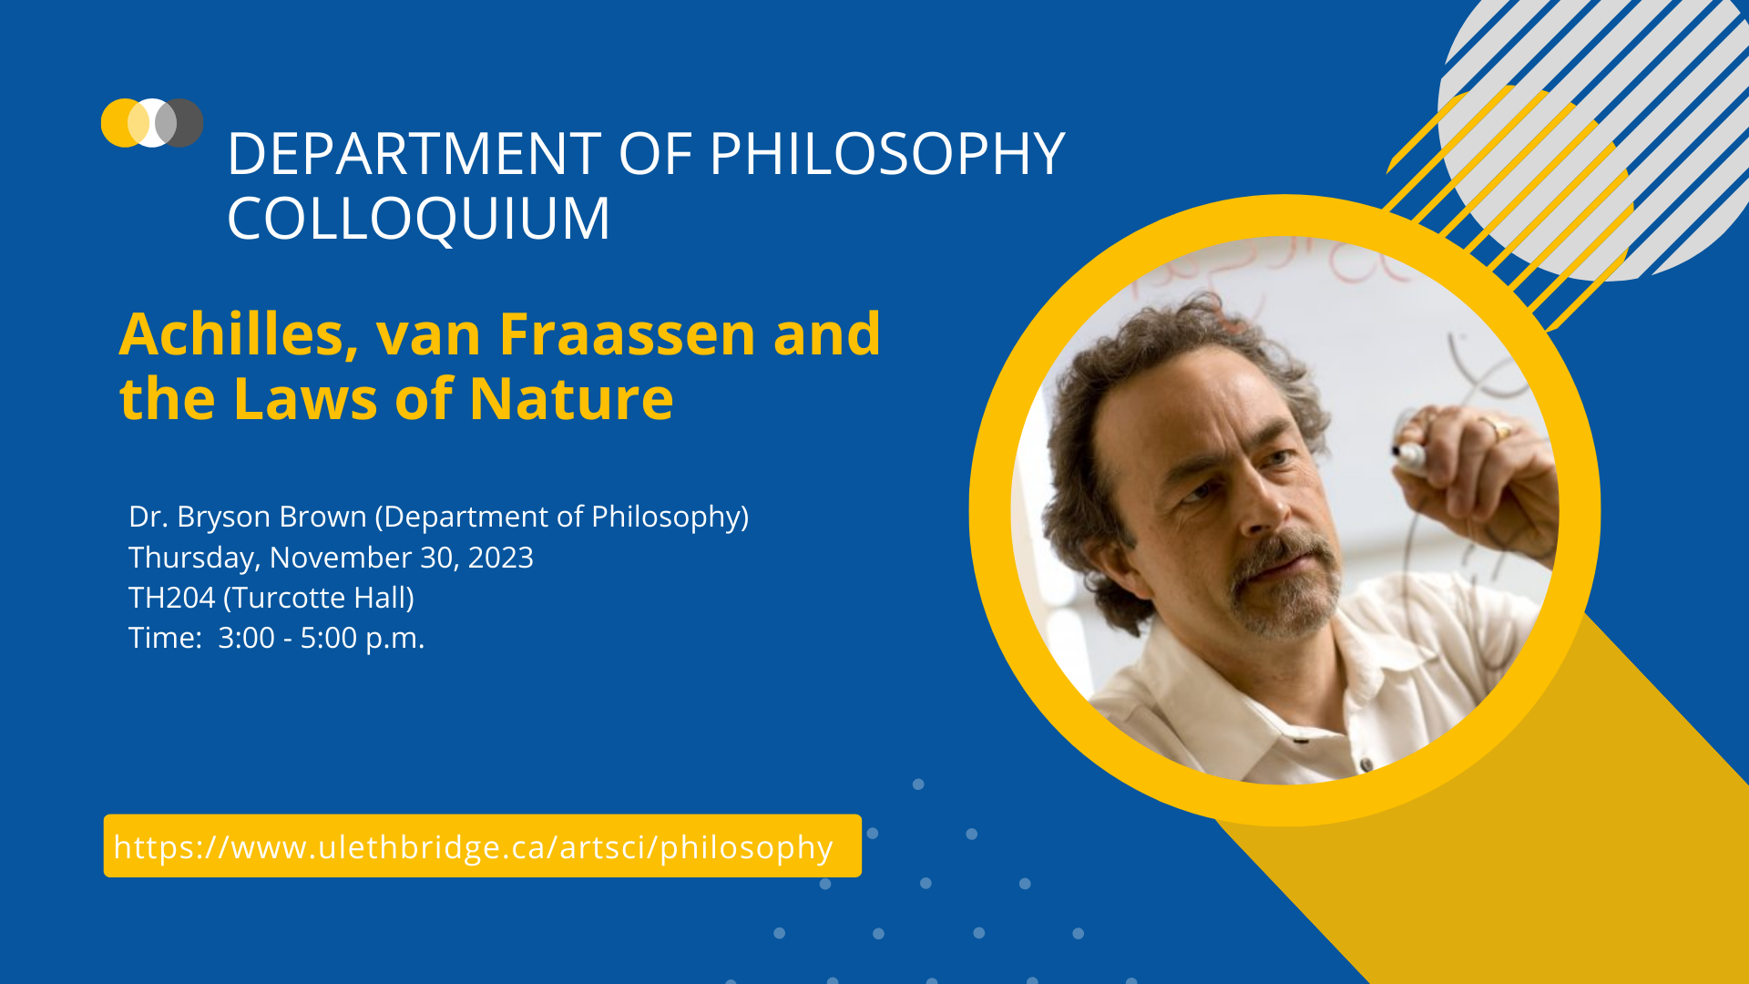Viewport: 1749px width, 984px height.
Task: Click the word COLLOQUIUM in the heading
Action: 418,219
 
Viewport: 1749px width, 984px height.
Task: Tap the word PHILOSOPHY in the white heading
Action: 886,153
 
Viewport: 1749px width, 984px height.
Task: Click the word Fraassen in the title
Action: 627,334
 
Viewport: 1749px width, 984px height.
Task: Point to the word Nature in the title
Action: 571,399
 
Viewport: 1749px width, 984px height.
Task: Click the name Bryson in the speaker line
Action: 224,517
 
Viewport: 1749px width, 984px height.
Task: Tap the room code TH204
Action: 171,598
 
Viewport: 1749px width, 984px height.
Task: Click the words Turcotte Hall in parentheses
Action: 319,598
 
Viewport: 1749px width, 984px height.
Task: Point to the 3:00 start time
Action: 246,638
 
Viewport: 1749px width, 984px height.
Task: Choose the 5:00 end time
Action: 328,638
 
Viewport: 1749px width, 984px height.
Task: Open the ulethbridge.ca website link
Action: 474,846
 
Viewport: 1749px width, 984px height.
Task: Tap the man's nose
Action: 1257,510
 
